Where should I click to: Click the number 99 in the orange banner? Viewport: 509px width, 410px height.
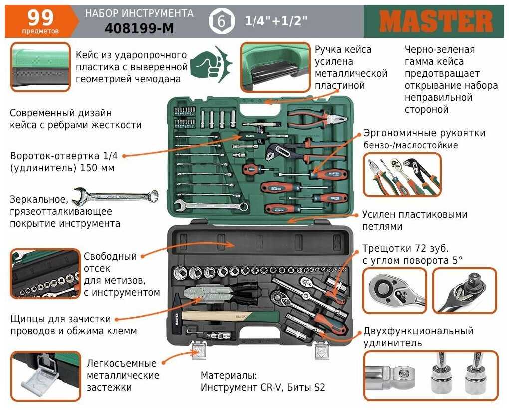[40, 18]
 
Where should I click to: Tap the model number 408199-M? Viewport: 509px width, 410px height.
[139, 29]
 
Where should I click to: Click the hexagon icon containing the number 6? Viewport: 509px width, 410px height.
[221, 22]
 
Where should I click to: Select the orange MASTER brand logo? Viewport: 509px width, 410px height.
[436, 22]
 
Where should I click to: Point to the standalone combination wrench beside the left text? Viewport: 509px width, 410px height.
[115, 196]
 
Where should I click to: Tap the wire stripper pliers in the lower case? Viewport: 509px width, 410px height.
[221, 292]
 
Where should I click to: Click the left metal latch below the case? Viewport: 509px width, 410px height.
[198, 350]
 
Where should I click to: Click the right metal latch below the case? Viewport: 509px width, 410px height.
[321, 350]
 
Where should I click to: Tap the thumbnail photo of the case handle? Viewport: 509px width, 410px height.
[275, 67]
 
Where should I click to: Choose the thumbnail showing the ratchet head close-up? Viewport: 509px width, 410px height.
[394, 290]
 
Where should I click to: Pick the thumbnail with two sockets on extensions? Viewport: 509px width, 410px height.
[431, 376]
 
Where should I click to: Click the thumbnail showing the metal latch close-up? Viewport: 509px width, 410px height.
[45, 376]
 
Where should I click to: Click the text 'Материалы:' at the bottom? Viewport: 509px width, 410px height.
[229, 375]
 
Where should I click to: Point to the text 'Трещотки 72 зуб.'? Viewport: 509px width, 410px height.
[405, 248]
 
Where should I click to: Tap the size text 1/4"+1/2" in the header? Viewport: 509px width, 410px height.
[275, 21]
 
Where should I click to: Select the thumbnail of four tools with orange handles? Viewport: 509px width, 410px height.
[402, 175]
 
